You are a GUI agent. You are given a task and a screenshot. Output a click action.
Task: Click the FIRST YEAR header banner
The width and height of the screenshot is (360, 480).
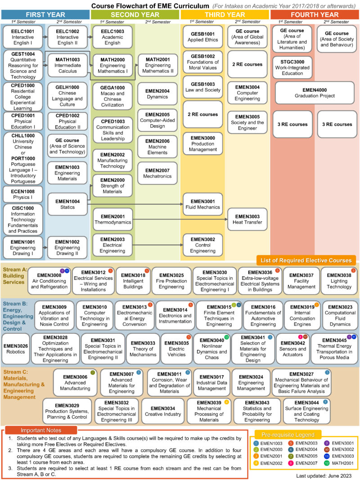tap(45, 14)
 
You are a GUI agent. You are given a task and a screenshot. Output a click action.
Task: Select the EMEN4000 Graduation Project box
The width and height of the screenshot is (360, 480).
tap(315, 93)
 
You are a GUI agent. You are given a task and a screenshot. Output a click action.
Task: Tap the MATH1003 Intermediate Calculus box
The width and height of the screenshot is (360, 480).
tap(67, 65)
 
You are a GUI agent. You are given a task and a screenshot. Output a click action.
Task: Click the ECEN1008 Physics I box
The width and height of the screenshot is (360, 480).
tap(22, 194)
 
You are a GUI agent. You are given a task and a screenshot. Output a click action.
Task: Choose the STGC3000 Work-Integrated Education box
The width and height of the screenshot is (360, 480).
tap(292, 67)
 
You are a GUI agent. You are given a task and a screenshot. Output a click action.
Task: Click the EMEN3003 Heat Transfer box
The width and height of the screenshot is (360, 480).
tap(247, 219)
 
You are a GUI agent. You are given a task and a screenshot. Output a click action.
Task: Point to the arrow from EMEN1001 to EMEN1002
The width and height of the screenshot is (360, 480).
tap(45, 248)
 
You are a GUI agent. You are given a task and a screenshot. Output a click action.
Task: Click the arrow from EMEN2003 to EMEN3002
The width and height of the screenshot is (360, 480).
tap(157, 245)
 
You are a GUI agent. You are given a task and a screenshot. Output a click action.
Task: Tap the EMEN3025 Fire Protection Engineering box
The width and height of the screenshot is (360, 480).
tap(171, 281)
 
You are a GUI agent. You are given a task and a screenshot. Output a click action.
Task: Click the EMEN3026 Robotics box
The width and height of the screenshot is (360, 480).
tap(16, 349)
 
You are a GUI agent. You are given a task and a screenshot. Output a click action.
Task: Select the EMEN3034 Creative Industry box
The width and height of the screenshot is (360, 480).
tap(163, 411)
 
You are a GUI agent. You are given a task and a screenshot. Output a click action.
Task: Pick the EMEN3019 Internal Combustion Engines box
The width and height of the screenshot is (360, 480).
tap(299, 315)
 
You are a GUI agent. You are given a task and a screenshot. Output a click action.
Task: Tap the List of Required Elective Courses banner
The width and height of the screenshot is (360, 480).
tap(306, 260)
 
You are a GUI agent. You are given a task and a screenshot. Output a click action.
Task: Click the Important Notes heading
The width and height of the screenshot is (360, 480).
tap(35, 431)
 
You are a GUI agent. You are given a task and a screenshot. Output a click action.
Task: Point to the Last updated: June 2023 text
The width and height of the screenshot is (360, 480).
tap(325, 476)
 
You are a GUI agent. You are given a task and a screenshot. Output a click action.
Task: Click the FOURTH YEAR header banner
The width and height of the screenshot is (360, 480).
tap(315, 14)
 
